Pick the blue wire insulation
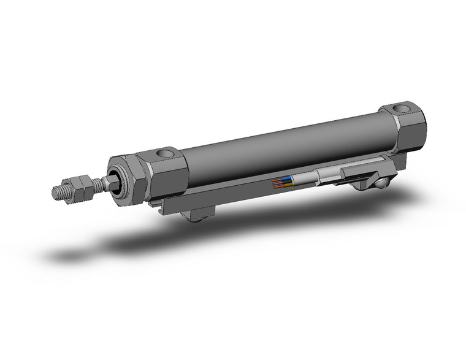point(287,179)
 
